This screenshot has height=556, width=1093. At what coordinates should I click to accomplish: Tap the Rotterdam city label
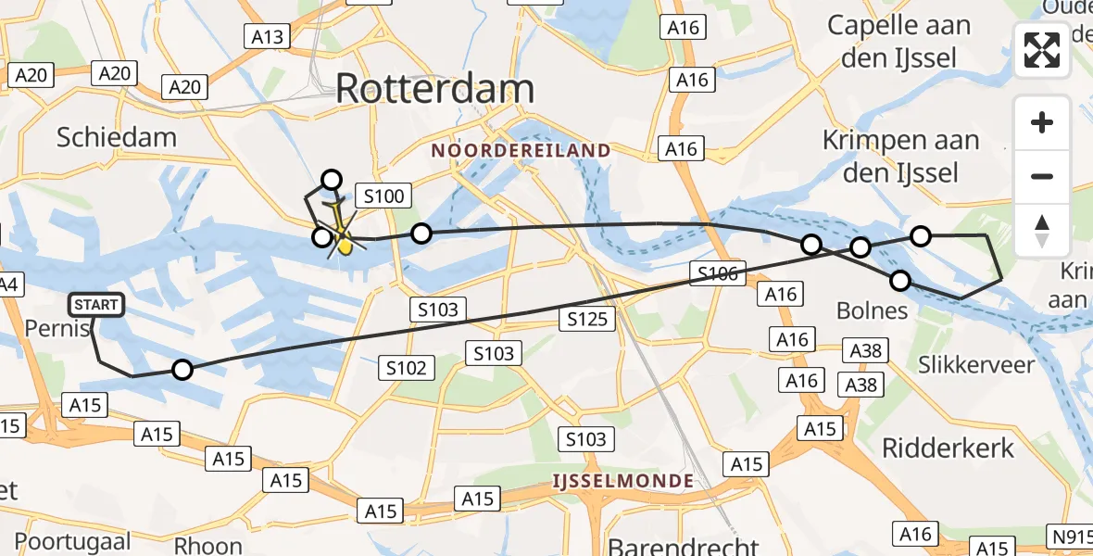pyautogui.click(x=434, y=89)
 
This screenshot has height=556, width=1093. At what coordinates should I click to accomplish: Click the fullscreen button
pyautogui.click(x=1042, y=50)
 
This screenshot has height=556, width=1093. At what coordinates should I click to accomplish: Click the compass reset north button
pyautogui.click(x=1042, y=230)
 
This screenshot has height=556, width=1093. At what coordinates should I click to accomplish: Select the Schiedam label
pyautogui.click(x=116, y=138)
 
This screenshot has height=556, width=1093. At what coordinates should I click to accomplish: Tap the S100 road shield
pyautogui.click(x=383, y=196)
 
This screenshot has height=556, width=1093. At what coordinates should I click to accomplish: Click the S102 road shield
pyautogui.click(x=407, y=368)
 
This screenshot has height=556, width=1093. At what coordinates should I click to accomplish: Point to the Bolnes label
pyautogui.click(x=871, y=310)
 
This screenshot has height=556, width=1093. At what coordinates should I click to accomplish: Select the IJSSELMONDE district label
pyautogui.click(x=622, y=480)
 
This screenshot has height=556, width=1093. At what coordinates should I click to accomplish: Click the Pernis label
pyautogui.click(x=57, y=329)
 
